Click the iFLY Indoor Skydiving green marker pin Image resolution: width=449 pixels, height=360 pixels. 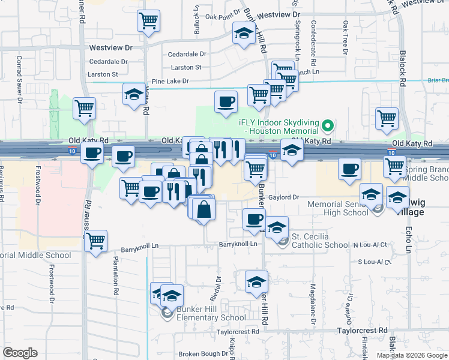click(x=327, y=127)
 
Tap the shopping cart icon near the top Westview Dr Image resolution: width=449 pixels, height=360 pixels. click(x=148, y=21)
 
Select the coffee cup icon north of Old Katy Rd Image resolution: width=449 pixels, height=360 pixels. click(x=226, y=102)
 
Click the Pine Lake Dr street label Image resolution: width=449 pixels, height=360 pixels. click(x=170, y=81)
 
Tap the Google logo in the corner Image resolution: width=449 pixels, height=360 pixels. click(x=20, y=352)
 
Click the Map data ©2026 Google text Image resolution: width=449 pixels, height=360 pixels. click(x=412, y=355)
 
